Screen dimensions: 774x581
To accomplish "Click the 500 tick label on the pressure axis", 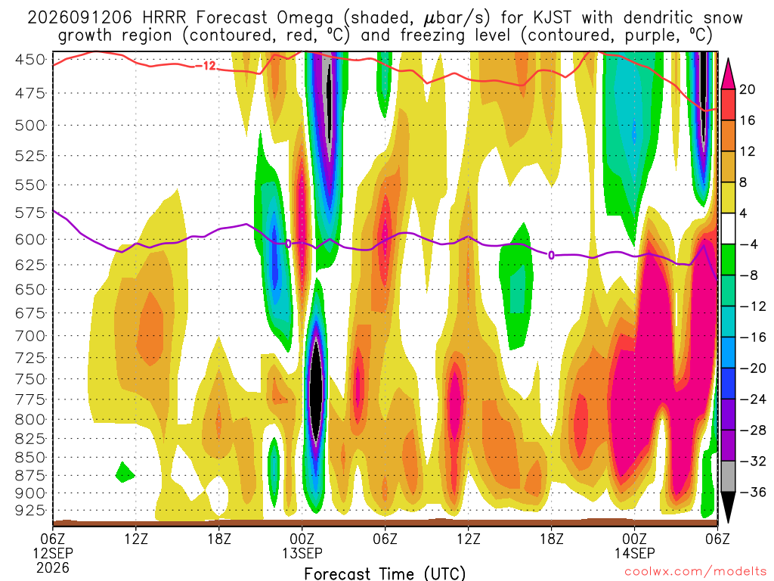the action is (30, 126).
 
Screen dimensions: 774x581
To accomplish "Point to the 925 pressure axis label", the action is (30, 510).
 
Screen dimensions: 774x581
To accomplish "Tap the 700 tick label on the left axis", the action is (30, 336).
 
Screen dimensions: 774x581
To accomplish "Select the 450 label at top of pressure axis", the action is (30, 60).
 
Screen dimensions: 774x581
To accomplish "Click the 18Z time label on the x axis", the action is (219, 539).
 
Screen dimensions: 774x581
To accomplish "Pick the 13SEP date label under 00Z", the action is (302, 553).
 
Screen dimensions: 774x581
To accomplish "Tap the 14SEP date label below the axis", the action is (634, 553).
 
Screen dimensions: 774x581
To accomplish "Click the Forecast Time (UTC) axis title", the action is (385, 573).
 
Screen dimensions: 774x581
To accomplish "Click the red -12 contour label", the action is (206, 66).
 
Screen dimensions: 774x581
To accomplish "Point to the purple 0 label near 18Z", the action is (551, 255).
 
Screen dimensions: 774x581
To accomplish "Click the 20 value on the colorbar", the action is (748, 89).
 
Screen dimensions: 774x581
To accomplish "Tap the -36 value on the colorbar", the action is (752, 492).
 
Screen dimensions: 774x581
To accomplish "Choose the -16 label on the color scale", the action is (752, 337).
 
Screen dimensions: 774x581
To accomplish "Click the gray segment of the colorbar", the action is (728, 477).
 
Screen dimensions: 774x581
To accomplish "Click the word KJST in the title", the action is (553, 18).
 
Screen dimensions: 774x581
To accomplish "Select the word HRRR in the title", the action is (164, 18).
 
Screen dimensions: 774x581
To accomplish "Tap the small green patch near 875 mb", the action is (125, 473).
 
